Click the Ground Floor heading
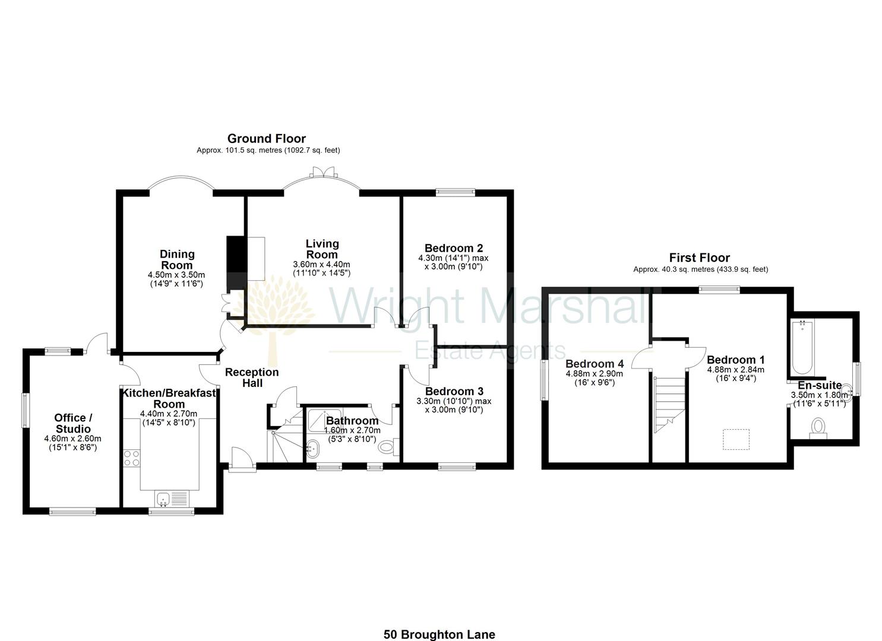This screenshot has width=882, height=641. (266, 139)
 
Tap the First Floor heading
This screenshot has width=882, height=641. (699, 258)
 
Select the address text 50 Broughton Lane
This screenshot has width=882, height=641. (439, 634)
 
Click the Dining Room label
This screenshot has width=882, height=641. (176, 259)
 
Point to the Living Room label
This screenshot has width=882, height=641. (322, 249)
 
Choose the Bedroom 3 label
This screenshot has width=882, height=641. (454, 391)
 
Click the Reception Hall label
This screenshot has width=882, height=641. (252, 377)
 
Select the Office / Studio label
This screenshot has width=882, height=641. (73, 423)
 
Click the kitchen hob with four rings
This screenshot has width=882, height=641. (131, 458)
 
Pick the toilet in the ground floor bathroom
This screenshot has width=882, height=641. (389, 446)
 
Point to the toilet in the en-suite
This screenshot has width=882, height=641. (818, 427)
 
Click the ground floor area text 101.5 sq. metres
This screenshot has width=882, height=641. (268, 151)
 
